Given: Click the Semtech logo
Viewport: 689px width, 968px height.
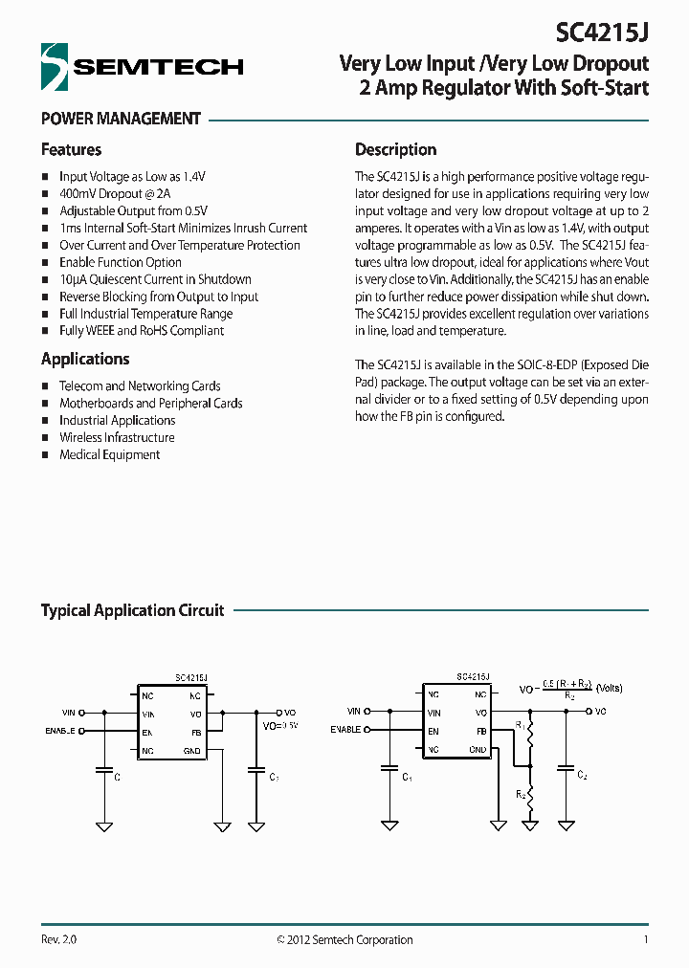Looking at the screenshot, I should (142, 66).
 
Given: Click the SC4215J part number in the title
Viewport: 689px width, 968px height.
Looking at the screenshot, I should (602, 33).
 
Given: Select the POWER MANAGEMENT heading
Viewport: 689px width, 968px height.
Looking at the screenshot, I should (121, 119).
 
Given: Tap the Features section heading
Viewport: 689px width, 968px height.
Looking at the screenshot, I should (71, 149).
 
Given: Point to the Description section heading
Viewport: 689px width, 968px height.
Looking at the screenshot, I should (395, 149).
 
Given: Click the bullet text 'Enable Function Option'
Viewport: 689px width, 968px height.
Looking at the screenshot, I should (121, 262).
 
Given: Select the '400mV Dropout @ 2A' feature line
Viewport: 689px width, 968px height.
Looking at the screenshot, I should (115, 193).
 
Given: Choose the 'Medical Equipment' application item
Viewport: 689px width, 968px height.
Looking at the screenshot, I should (109, 454).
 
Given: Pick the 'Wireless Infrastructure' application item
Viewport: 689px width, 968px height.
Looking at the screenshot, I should (117, 437).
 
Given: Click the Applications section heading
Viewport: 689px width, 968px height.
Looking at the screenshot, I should (85, 359).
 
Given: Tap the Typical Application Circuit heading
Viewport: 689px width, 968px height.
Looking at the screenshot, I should (132, 610).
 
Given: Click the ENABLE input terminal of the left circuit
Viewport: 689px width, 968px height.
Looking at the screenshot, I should (81, 732).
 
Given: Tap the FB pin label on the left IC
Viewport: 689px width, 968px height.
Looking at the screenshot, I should (196, 732).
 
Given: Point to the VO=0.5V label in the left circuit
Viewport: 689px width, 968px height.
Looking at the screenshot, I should (279, 726).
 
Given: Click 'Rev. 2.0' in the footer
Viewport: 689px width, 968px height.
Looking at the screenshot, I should (58, 939).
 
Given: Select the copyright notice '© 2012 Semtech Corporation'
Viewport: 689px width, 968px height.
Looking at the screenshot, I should (344, 939).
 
